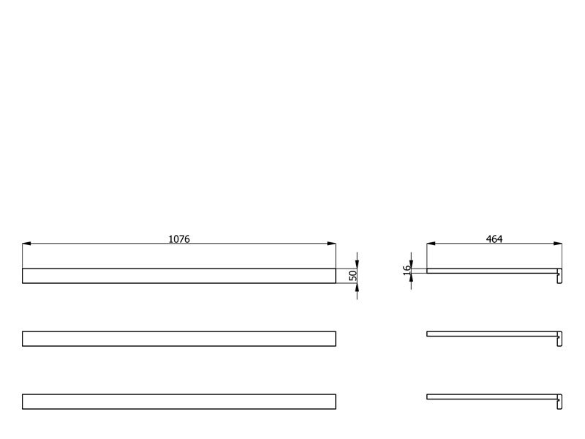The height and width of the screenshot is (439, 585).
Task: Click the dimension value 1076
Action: tap(179, 239)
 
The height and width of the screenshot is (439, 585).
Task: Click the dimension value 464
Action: tap(494, 239)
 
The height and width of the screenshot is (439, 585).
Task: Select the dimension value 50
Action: tap(352, 276)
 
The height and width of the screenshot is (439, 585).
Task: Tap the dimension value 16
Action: tap(407, 269)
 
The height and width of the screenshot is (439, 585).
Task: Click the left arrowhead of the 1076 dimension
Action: tap(26, 244)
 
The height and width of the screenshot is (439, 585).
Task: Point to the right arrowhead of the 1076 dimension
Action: tap(331, 244)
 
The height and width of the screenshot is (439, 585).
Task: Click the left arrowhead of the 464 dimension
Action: tap(431, 244)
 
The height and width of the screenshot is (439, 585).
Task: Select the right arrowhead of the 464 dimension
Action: tap(558, 244)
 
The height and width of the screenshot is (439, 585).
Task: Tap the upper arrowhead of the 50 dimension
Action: tap(357, 264)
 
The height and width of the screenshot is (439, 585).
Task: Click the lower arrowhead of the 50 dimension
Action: tap(357, 288)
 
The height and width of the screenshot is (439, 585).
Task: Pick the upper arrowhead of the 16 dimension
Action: tap(411, 264)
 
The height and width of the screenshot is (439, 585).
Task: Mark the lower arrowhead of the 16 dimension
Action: tap(411, 278)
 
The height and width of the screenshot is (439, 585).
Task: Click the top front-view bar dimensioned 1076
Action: tap(179, 276)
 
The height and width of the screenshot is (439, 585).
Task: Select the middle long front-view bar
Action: tap(179, 339)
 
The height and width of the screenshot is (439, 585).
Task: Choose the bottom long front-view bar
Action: tap(179, 401)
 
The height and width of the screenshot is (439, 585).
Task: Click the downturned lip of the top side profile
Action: tap(560, 277)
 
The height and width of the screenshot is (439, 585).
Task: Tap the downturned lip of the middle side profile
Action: tap(560, 339)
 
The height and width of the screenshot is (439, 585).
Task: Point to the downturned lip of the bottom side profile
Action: tap(560, 402)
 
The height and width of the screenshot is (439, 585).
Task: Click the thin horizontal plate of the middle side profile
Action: tap(492, 334)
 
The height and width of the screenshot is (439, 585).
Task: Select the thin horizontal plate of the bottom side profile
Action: tap(492, 397)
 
